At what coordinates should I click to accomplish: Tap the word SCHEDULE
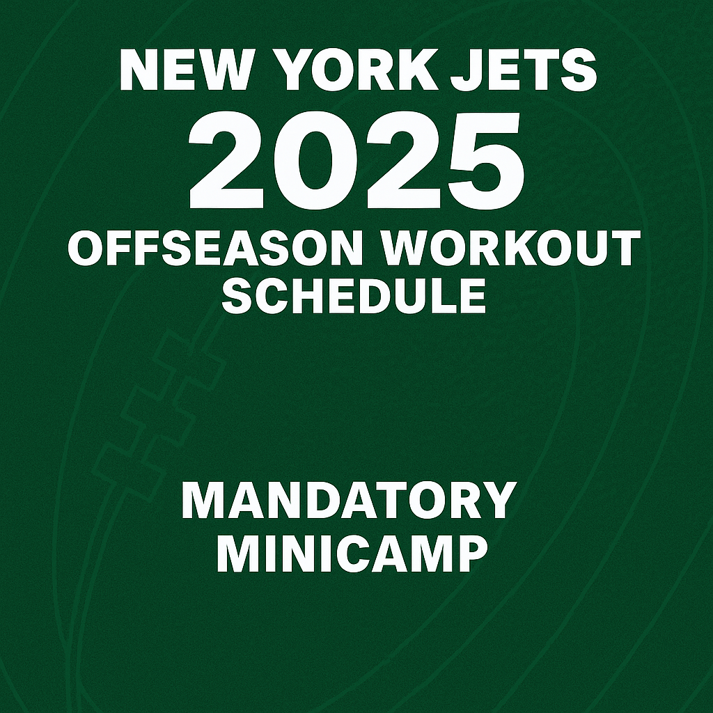click(355, 296)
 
